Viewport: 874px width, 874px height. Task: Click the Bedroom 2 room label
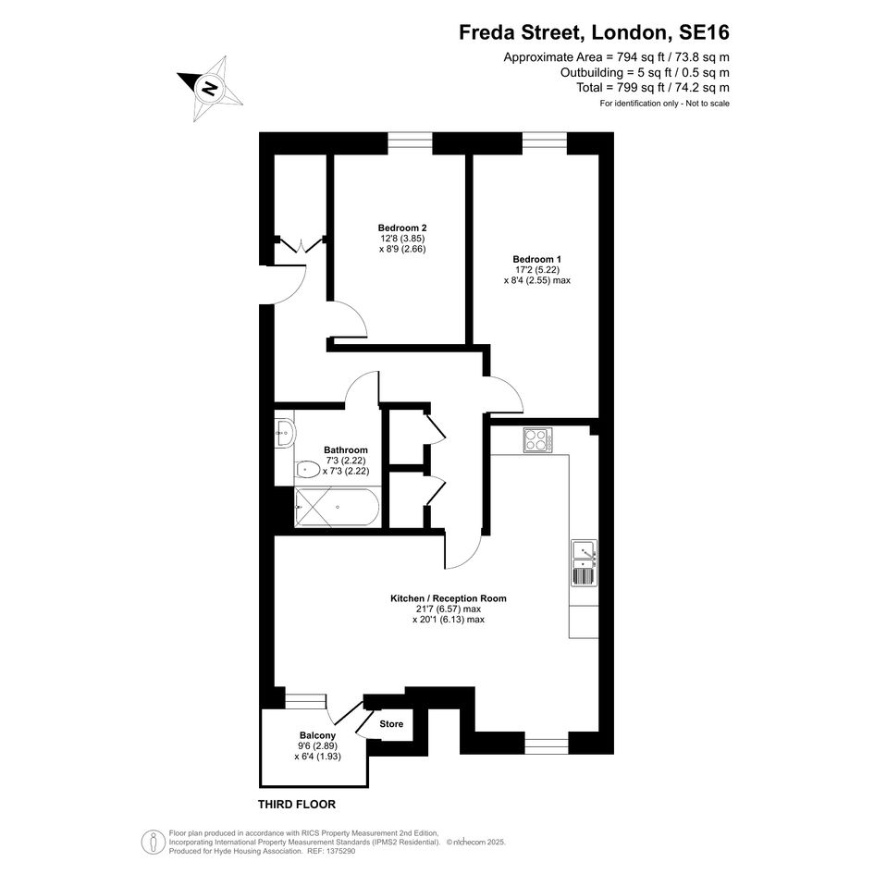[x=402, y=228]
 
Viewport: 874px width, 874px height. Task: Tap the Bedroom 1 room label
[x=536, y=259]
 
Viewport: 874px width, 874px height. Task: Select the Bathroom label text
[x=346, y=449]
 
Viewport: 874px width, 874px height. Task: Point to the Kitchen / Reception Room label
[x=449, y=598]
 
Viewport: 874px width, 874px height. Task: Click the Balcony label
[x=317, y=736]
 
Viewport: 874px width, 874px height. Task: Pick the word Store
[x=391, y=724]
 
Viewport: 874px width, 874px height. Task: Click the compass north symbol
[x=211, y=88]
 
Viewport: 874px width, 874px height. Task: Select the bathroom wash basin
[x=285, y=432]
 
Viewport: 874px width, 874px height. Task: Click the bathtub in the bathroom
[x=338, y=507]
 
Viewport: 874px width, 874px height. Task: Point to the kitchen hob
[x=538, y=440]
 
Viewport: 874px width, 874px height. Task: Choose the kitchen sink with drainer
[x=585, y=562]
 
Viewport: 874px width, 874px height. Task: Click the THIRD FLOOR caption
[x=297, y=805]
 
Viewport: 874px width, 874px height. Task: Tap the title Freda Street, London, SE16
[x=594, y=32]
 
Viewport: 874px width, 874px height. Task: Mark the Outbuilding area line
[x=645, y=72]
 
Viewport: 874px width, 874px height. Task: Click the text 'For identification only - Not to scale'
[x=664, y=103]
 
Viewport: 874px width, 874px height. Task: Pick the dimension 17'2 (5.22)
[x=537, y=270]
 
